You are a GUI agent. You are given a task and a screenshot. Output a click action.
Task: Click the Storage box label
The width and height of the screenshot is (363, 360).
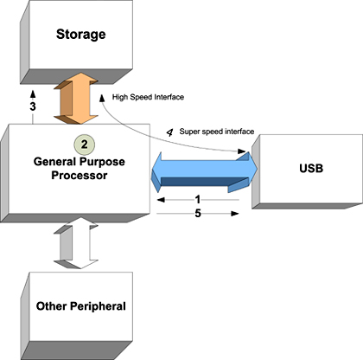(80, 35)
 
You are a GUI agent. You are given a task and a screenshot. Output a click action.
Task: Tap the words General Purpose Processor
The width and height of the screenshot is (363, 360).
(80, 168)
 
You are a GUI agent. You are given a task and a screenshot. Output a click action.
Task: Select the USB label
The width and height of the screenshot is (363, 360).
(311, 168)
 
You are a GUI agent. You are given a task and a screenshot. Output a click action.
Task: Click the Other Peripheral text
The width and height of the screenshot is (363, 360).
(81, 306)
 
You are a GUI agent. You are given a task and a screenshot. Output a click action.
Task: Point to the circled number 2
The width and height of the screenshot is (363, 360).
(84, 144)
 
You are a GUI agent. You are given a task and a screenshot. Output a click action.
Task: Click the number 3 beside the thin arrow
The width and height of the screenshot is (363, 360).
(33, 106)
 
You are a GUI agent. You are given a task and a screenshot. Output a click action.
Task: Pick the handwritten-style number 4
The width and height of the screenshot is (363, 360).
(169, 132)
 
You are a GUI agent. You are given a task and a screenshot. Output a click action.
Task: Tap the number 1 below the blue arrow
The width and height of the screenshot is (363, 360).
(198, 199)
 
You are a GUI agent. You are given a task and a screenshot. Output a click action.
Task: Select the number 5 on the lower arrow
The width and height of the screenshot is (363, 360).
(198, 214)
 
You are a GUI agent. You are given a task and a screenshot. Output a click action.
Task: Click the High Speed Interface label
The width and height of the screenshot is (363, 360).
(148, 97)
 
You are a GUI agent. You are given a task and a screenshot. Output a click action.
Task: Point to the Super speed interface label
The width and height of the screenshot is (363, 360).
(217, 132)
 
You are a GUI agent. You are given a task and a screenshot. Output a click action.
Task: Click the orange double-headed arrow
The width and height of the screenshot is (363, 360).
(76, 99)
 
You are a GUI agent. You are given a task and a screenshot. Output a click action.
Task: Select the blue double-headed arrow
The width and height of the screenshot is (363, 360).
(204, 172)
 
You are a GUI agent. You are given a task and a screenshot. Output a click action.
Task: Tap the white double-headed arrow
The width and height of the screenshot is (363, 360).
(76, 243)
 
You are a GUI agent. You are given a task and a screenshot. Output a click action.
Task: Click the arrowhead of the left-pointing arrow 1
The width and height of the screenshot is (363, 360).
(161, 200)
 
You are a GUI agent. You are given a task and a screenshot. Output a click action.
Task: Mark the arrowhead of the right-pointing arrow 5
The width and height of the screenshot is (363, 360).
(235, 214)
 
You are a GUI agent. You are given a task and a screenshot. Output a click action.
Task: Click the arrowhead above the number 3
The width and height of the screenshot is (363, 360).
(33, 93)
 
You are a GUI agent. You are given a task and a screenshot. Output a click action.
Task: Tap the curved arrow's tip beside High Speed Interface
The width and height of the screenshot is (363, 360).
(102, 98)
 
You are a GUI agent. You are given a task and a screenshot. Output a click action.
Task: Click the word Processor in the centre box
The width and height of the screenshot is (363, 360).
(80, 176)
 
